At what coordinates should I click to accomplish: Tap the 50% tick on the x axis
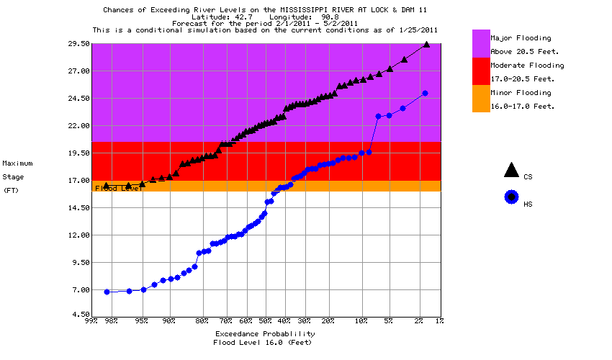[x=265, y=321]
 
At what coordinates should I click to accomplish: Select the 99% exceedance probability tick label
[x=91, y=321]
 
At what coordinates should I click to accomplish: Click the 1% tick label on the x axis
[x=439, y=321]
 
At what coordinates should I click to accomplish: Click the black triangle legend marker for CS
[x=511, y=171]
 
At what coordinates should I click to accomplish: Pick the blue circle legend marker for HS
[x=511, y=197]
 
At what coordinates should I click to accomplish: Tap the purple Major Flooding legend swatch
[x=480, y=43]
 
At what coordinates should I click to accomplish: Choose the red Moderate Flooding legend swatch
[x=480, y=71]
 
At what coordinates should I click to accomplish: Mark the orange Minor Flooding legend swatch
[x=480, y=99]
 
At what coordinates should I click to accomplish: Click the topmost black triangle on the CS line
[x=426, y=44]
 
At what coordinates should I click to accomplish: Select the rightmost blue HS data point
[x=425, y=94]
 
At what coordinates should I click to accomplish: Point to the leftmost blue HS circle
[x=107, y=292]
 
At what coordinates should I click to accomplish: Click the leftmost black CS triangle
[x=107, y=186]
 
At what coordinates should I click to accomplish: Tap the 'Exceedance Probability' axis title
[x=265, y=334]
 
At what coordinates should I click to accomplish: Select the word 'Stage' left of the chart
[x=14, y=176]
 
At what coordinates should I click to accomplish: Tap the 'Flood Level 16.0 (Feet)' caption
[x=265, y=343]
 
